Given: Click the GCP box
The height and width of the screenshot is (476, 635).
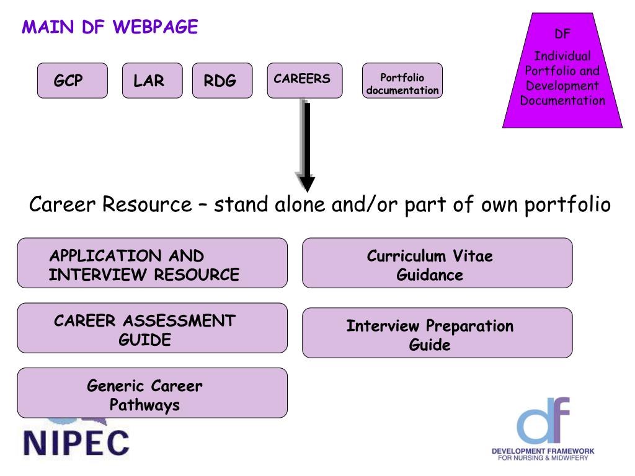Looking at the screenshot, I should (x=72, y=81).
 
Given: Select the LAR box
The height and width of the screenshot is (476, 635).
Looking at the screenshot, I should (x=152, y=81).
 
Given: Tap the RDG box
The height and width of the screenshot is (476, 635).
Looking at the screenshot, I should (x=222, y=81).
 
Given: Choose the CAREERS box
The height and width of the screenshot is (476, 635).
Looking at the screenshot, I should (x=304, y=81).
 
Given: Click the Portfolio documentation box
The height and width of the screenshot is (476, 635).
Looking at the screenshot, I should (x=402, y=81).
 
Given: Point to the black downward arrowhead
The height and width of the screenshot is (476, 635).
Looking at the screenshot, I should (x=307, y=183).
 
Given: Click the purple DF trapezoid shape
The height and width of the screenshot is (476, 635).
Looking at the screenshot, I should (x=562, y=72).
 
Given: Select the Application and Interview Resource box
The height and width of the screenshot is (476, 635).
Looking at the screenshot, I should (x=152, y=263).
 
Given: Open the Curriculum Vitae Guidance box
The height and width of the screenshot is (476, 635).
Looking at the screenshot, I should (x=437, y=263).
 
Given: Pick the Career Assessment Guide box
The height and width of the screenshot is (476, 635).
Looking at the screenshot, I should (x=152, y=328).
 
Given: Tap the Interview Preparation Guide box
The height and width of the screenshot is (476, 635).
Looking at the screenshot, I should (x=437, y=333).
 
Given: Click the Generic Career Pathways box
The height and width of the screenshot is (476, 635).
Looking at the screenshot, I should (x=152, y=393).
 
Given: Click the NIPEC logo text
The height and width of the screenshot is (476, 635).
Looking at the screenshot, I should (x=76, y=441).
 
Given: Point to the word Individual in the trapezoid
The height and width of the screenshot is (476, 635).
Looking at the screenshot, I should (x=562, y=56).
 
